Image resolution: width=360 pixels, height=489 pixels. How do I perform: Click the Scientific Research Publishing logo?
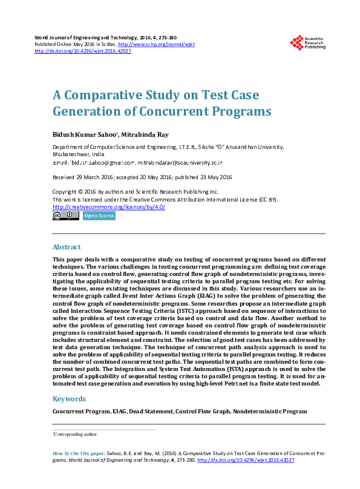pos(309,42)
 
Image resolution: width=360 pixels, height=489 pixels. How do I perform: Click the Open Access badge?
pos(99,215)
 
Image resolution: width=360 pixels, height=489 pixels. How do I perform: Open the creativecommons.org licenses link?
pos(109,207)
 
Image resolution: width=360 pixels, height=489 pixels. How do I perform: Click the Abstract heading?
pos(67,247)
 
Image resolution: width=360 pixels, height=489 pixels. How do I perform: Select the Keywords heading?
pos(69,399)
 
